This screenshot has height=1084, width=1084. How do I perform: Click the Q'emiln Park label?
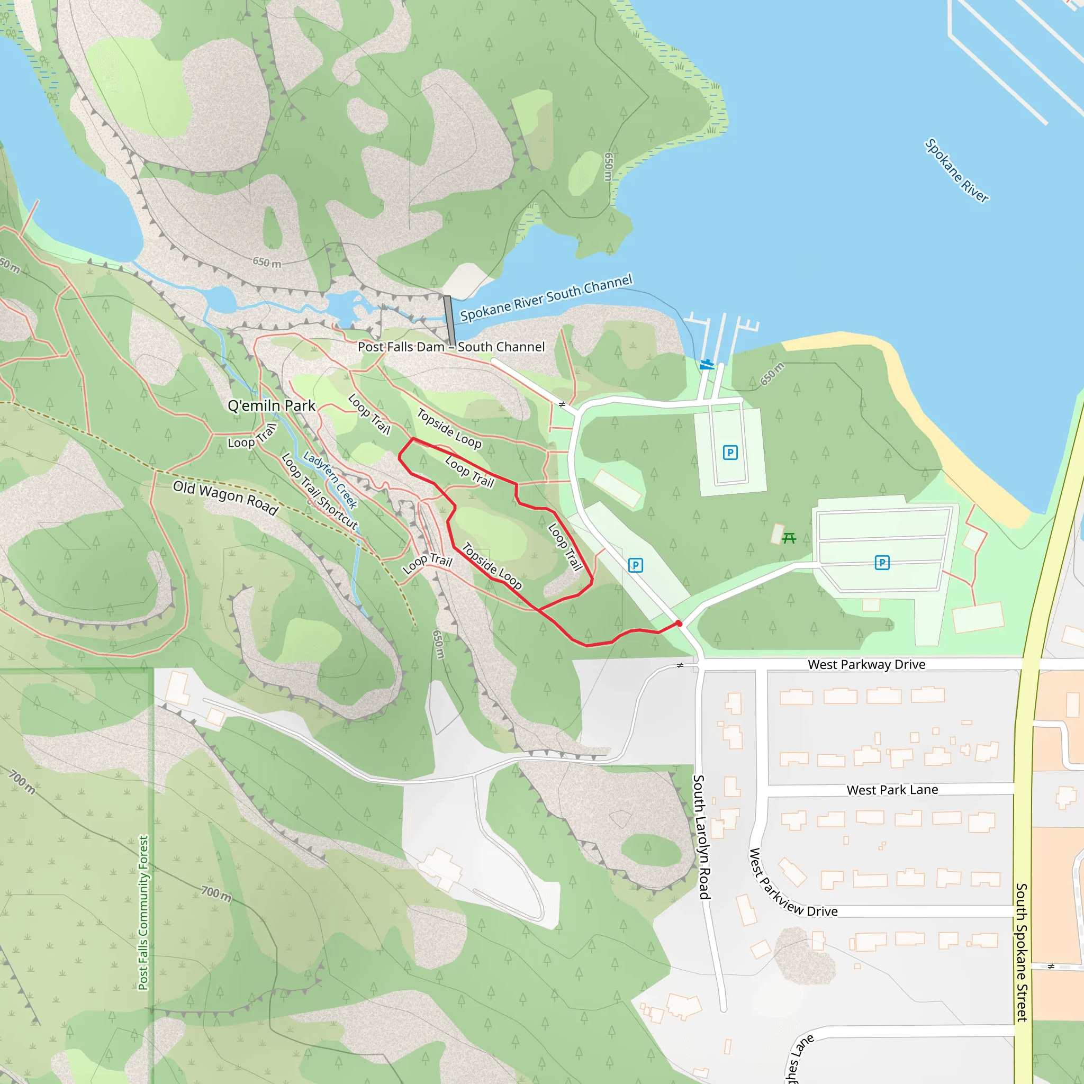[x=271, y=405]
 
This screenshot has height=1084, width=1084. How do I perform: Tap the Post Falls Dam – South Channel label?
[x=451, y=347]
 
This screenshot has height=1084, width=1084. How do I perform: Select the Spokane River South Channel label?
[x=546, y=297]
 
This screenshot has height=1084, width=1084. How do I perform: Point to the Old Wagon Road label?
[x=225, y=497]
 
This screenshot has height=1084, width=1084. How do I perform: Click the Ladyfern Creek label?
[x=330, y=480]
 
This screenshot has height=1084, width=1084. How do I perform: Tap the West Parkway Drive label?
[x=866, y=664]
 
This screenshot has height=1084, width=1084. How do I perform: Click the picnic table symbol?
[x=789, y=539]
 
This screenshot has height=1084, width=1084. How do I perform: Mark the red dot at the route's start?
[x=679, y=624]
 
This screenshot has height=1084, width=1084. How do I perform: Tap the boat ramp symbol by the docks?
[x=707, y=365]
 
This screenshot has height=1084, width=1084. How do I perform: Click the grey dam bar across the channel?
[x=449, y=320]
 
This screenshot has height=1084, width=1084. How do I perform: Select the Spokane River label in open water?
[x=956, y=170]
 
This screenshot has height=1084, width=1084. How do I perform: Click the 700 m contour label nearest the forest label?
[x=216, y=893]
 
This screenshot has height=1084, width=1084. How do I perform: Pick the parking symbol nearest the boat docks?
[x=730, y=452]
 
